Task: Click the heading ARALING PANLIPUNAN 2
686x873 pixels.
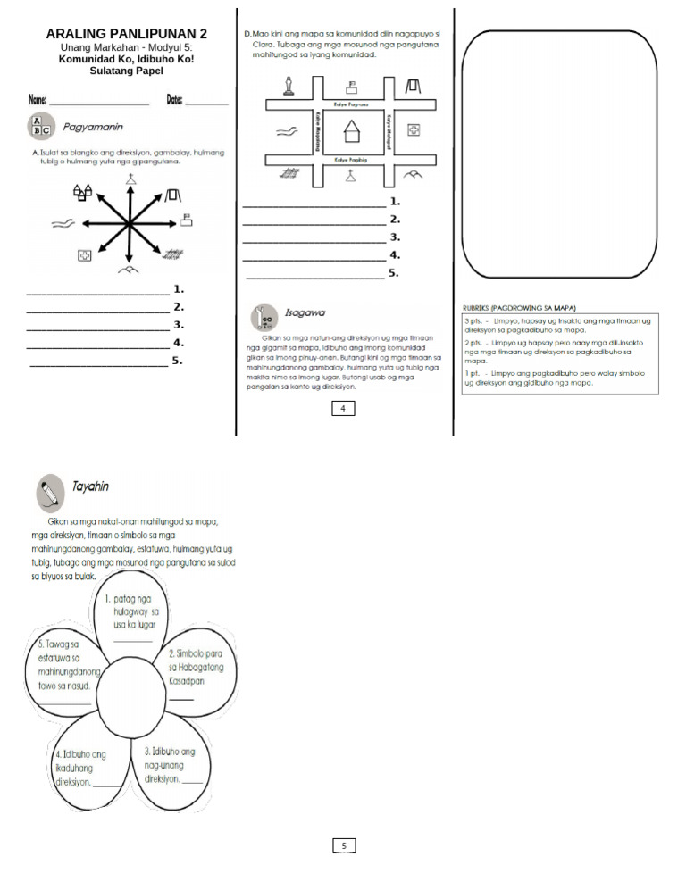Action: pyautogui.click(x=126, y=34)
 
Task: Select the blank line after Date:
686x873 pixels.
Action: pyautogui.click(x=206, y=104)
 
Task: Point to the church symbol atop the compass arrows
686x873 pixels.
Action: pyautogui.click(x=131, y=181)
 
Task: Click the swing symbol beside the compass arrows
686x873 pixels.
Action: pyautogui.click(x=172, y=193)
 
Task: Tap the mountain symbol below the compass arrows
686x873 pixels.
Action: pyautogui.click(x=130, y=269)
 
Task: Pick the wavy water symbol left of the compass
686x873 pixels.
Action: pyautogui.click(x=63, y=223)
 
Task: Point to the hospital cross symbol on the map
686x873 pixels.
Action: pyautogui.click(x=414, y=131)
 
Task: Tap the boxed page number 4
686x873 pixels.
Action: pyautogui.click(x=343, y=408)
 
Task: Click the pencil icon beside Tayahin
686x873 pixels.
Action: pyautogui.click(x=50, y=493)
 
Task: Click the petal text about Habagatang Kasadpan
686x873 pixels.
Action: pyautogui.click(x=196, y=667)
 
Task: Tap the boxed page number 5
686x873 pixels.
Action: pyautogui.click(x=343, y=845)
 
